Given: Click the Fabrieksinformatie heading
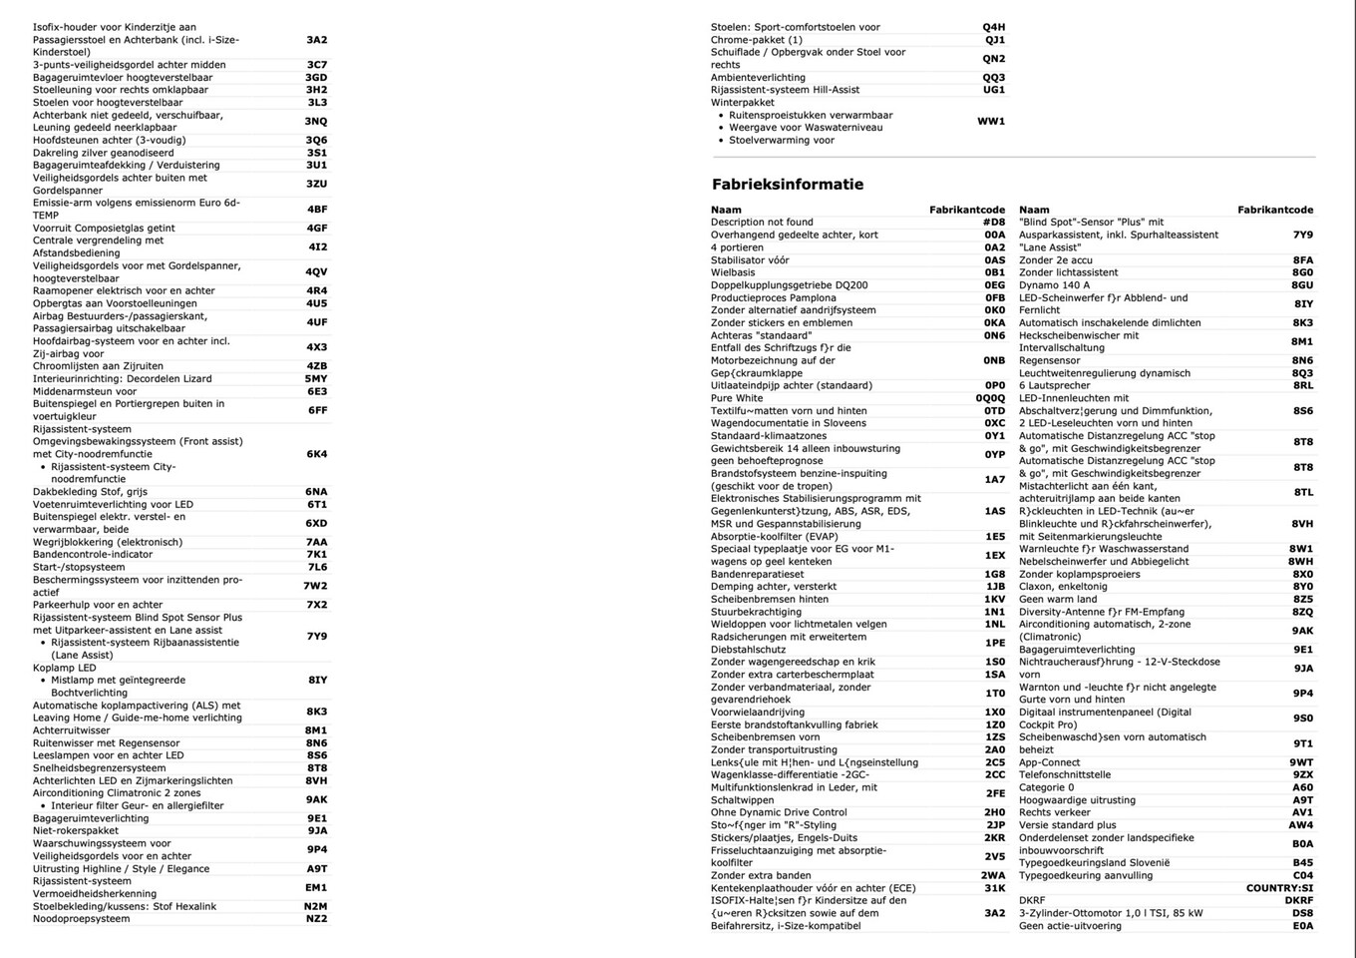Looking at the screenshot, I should click(x=787, y=185).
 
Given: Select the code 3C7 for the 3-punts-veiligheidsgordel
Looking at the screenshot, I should click(x=316, y=65).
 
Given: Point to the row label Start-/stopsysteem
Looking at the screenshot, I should click(x=79, y=567).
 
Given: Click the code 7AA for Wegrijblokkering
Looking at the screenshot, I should click(x=316, y=542).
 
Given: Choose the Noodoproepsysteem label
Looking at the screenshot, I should click(x=81, y=919).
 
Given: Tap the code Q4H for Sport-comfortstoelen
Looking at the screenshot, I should click(x=993, y=27).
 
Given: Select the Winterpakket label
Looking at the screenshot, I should click(x=742, y=102).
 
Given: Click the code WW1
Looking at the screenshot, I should click(x=990, y=121).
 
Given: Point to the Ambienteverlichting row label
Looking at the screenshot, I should click(x=758, y=77).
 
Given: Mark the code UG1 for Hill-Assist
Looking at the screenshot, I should click(x=993, y=90).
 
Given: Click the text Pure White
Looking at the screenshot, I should click(x=736, y=398).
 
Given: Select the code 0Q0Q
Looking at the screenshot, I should click(x=990, y=398).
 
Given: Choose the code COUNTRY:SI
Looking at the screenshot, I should click(x=1279, y=888).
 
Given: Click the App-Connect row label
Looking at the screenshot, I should click(x=1049, y=762).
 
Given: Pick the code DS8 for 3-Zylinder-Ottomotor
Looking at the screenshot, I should click(x=1302, y=913).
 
